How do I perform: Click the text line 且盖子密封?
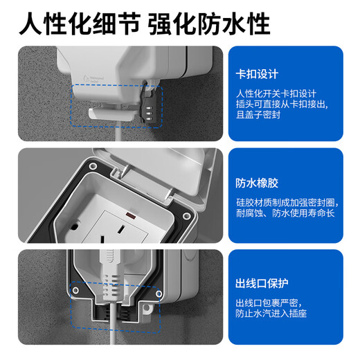click(x=258, y=116)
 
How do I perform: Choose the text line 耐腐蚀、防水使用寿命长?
click(x=284, y=215)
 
